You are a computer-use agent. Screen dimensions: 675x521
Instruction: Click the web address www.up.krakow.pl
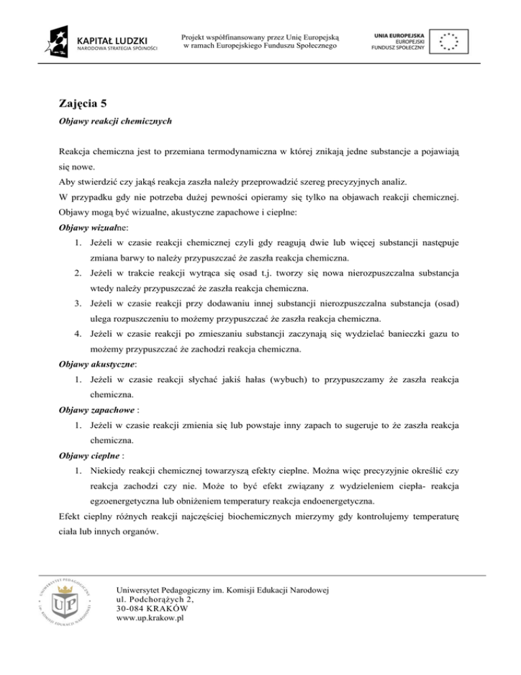(x=151, y=618)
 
